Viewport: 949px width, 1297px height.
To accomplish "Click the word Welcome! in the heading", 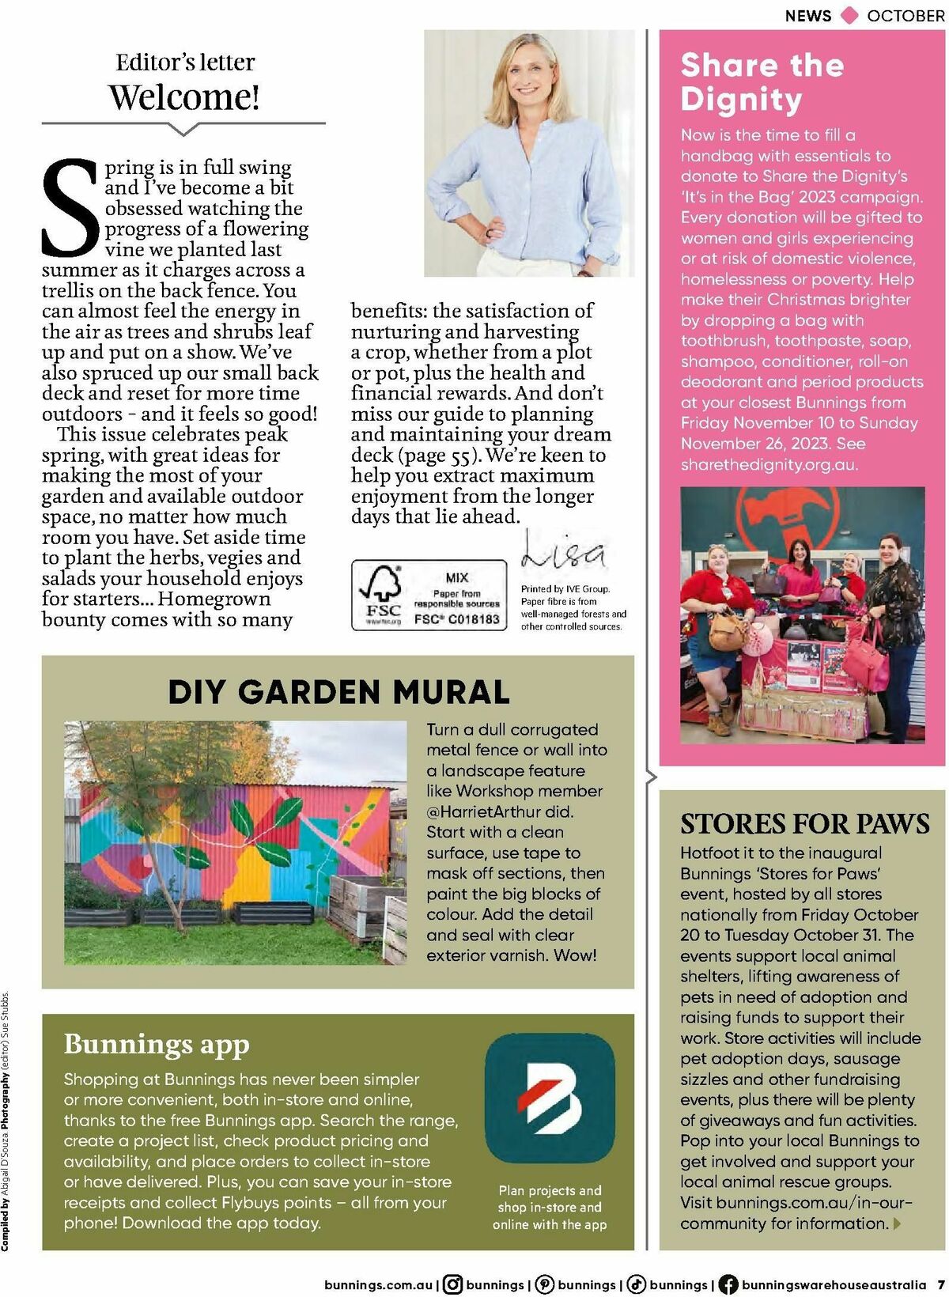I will click(183, 97).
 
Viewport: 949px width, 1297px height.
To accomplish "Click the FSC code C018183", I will click(457, 619).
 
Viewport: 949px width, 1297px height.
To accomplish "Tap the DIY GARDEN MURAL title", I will click(338, 692).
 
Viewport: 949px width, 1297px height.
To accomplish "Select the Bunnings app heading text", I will click(157, 1044).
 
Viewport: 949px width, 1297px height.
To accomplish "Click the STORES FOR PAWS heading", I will click(804, 824).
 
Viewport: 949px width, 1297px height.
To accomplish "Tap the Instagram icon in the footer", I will click(452, 1285).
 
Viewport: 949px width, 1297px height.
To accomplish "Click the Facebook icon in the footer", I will click(728, 1285).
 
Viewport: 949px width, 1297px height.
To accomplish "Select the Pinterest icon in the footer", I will click(544, 1285).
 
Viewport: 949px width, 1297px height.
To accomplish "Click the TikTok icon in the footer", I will click(636, 1285).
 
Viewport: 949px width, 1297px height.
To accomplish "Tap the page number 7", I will click(941, 1285).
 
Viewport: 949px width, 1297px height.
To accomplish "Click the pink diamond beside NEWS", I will click(849, 15).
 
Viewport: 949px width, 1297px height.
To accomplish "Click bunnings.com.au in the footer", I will click(378, 1285).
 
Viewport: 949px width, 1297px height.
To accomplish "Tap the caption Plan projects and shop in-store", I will click(550, 1207).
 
